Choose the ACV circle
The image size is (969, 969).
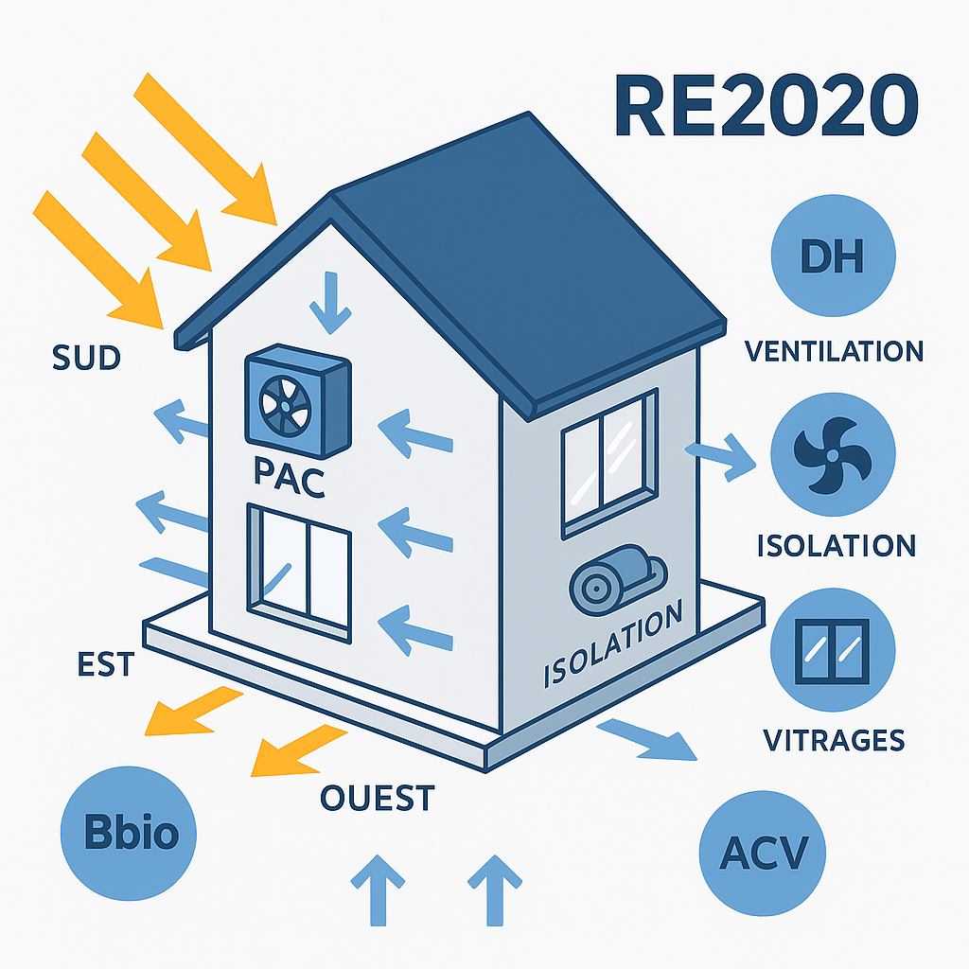click(763, 849)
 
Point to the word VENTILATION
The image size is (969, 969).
click(834, 352)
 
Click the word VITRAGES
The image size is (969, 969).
click(833, 739)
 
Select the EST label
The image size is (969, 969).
click(105, 664)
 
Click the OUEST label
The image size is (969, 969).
click(377, 798)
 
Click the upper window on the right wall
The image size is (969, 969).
click(608, 463)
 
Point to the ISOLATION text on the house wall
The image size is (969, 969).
click(613, 648)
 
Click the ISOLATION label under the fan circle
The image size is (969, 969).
click(836, 546)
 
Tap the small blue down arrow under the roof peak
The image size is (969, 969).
click(329, 302)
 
